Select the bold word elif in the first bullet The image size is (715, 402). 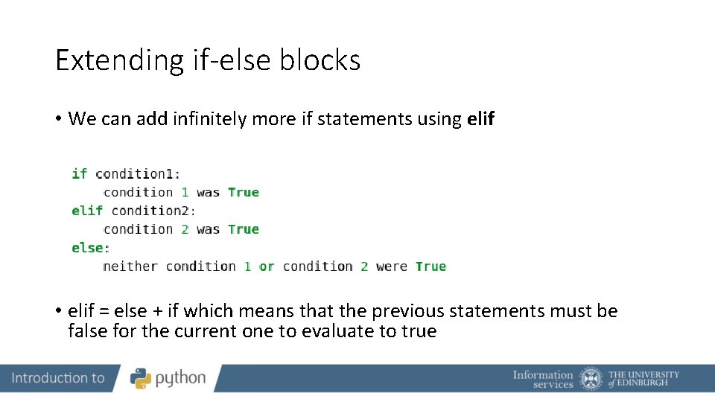click(480, 118)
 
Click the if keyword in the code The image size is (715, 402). click(79, 173)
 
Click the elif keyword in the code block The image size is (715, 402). click(87, 211)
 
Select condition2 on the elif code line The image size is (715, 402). click(151, 211)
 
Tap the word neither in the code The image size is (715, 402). click(130, 267)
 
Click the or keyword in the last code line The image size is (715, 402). click(267, 267)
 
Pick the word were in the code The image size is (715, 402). click(391, 267)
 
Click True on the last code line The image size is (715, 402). click(430, 267)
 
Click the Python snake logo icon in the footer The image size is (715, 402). click(141, 378)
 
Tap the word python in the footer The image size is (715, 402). click(180, 379)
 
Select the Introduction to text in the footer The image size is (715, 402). click(58, 378)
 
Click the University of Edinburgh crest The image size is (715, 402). click(591, 379)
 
